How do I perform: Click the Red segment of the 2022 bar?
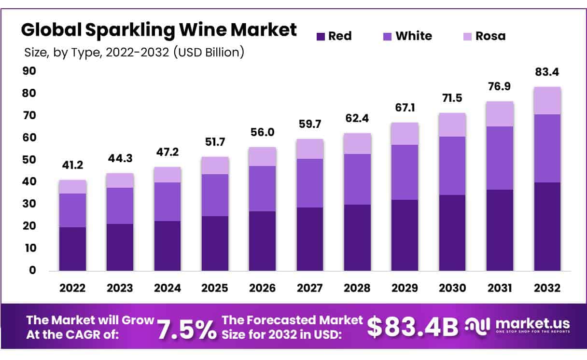(72, 249)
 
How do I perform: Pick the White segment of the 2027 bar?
(310, 183)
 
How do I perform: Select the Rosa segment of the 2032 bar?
(547, 100)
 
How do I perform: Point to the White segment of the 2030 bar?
(452, 166)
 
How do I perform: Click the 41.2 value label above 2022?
(72, 165)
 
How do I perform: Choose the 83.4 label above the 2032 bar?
(547, 72)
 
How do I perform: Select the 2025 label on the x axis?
(215, 288)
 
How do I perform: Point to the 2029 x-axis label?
(405, 288)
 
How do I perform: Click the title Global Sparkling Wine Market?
(159, 30)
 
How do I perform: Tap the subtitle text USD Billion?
(212, 52)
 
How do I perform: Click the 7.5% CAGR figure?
(187, 329)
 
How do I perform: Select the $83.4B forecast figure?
(413, 327)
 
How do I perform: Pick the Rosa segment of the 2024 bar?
(168, 175)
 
